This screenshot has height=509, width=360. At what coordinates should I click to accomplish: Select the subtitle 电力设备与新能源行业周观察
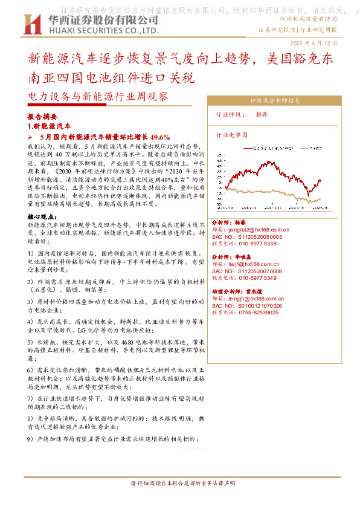pyautogui.click(x=98, y=97)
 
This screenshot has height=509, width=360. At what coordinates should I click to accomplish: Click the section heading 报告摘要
pyautogui.click(x=42, y=116)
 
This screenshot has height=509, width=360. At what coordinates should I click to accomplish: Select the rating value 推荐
pyautogui.click(x=262, y=114)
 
